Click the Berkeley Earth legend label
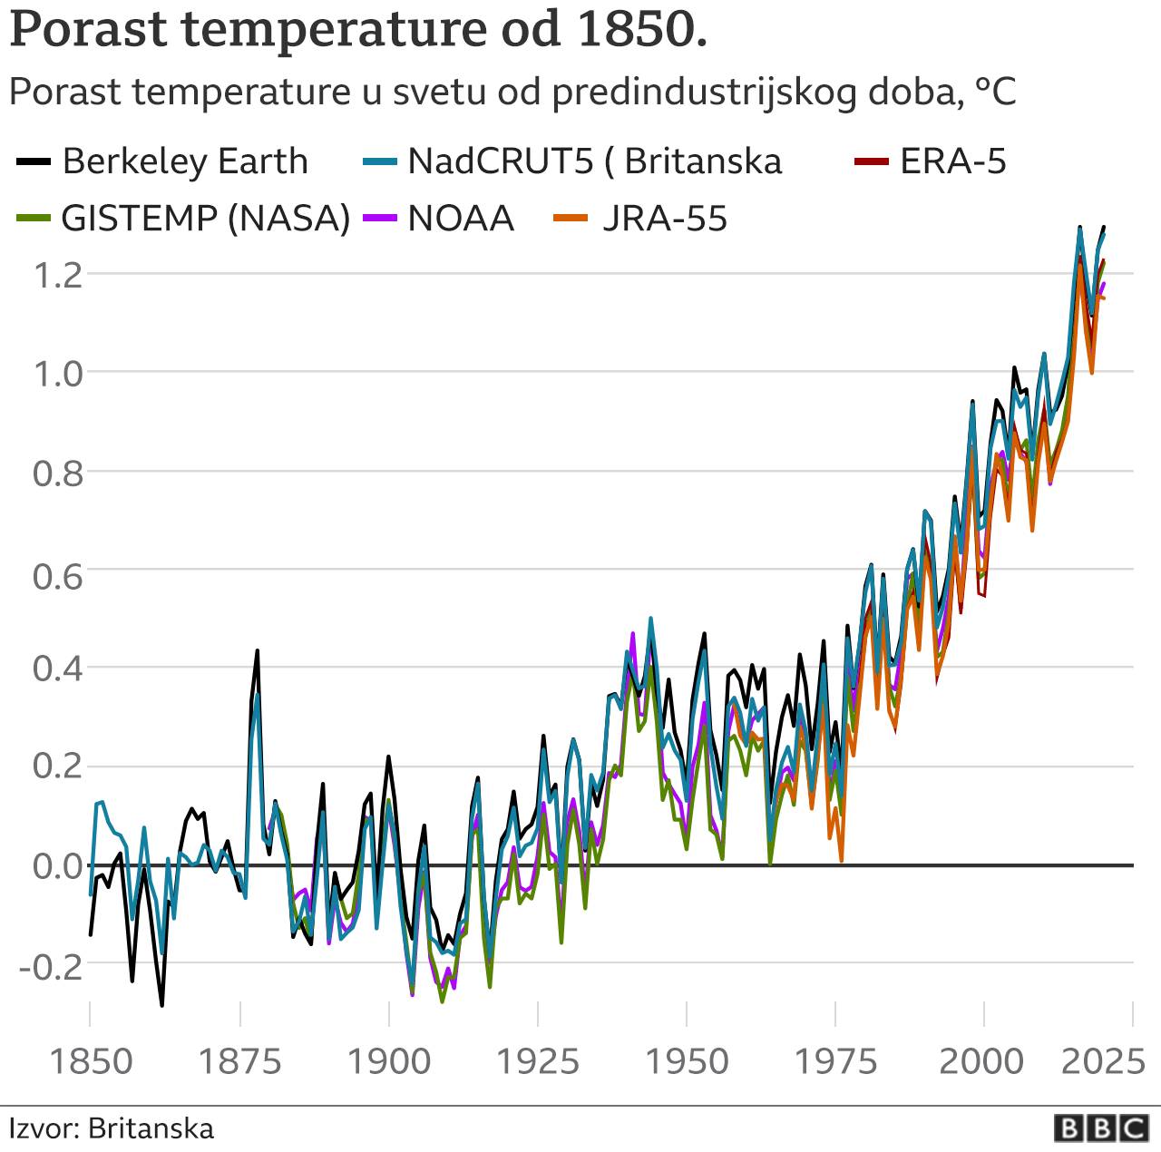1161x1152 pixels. (x=185, y=161)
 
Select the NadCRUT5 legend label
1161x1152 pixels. (x=594, y=161)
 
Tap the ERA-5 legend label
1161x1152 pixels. (x=952, y=161)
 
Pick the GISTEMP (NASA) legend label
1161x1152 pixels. (x=205, y=219)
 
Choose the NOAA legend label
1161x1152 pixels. (x=461, y=219)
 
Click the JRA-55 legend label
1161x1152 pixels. (x=665, y=219)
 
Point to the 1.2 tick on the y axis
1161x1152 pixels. (x=57, y=274)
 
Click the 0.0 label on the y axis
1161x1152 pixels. (x=57, y=866)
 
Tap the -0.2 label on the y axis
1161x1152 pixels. (x=50, y=965)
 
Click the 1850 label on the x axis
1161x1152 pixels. (x=91, y=1060)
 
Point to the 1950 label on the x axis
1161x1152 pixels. (x=687, y=1060)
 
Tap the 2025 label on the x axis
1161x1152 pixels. (x=1103, y=1060)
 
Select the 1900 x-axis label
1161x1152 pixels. (x=389, y=1060)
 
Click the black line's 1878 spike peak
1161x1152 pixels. (x=257, y=650)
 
